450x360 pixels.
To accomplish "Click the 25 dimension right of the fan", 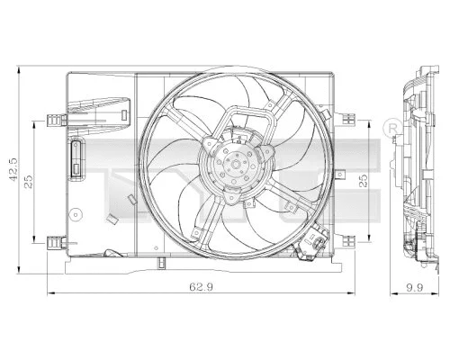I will [x=364, y=181].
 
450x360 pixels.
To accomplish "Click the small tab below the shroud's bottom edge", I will [x=159, y=263].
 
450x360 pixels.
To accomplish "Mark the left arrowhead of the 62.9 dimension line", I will [x=49, y=292].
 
